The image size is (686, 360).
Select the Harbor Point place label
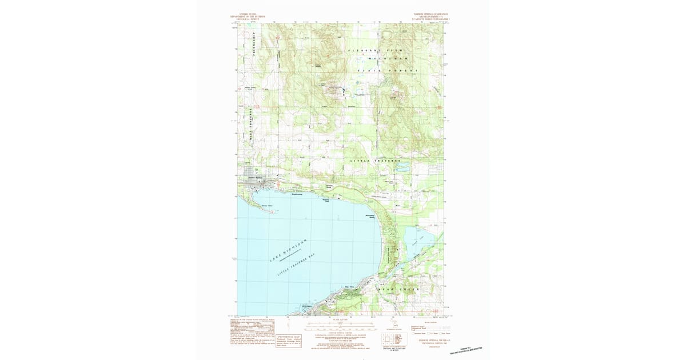pyautogui.click(x=264, y=206)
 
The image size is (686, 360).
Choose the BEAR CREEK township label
pyautogui.click(x=398, y=289)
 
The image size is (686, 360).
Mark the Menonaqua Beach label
pyautogui.click(x=370, y=217)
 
